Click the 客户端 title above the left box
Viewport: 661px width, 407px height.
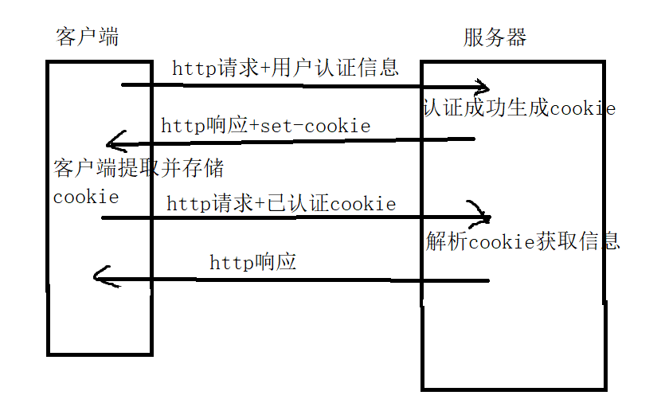[x=88, y=37]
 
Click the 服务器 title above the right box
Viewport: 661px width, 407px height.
[x=495, y=37]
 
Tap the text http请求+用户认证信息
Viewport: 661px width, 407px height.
[x=285, y=68]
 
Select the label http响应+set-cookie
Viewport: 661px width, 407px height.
[x=265, y=126]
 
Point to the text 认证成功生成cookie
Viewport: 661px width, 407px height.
[x=519, y=108]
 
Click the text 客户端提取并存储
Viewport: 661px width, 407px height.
[x=139, y=169]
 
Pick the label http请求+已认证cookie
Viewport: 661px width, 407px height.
[x=281, y=203]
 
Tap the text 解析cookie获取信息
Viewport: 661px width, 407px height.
[x=522, y=241]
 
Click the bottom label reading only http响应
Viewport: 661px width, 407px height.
[x=252, y=261]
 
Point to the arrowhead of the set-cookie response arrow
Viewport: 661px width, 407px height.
[x=113, y=143]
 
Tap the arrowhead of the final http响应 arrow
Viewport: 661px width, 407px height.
[x=99, y=276]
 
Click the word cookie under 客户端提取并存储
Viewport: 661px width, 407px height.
[x=86, y=196]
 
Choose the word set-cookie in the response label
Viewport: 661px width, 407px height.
[x=330, y=126]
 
